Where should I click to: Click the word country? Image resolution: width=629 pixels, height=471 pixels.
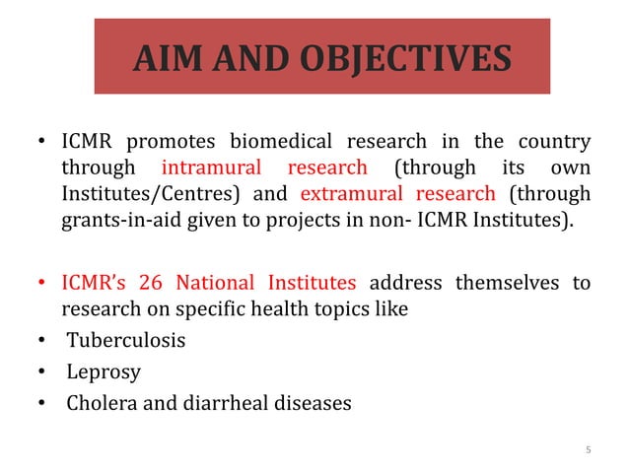[554, 142]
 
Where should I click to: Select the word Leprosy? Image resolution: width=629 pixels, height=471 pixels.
[103, 372]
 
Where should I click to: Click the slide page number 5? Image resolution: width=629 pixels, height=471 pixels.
[588, 451]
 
